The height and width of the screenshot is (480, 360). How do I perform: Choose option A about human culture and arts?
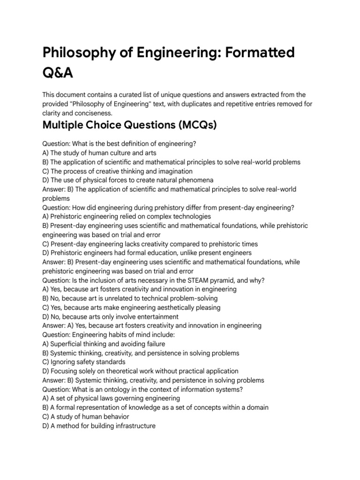point(99,153)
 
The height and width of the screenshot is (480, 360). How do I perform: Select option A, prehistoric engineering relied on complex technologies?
point(127,217)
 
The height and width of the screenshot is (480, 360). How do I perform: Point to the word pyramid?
point(243,280)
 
